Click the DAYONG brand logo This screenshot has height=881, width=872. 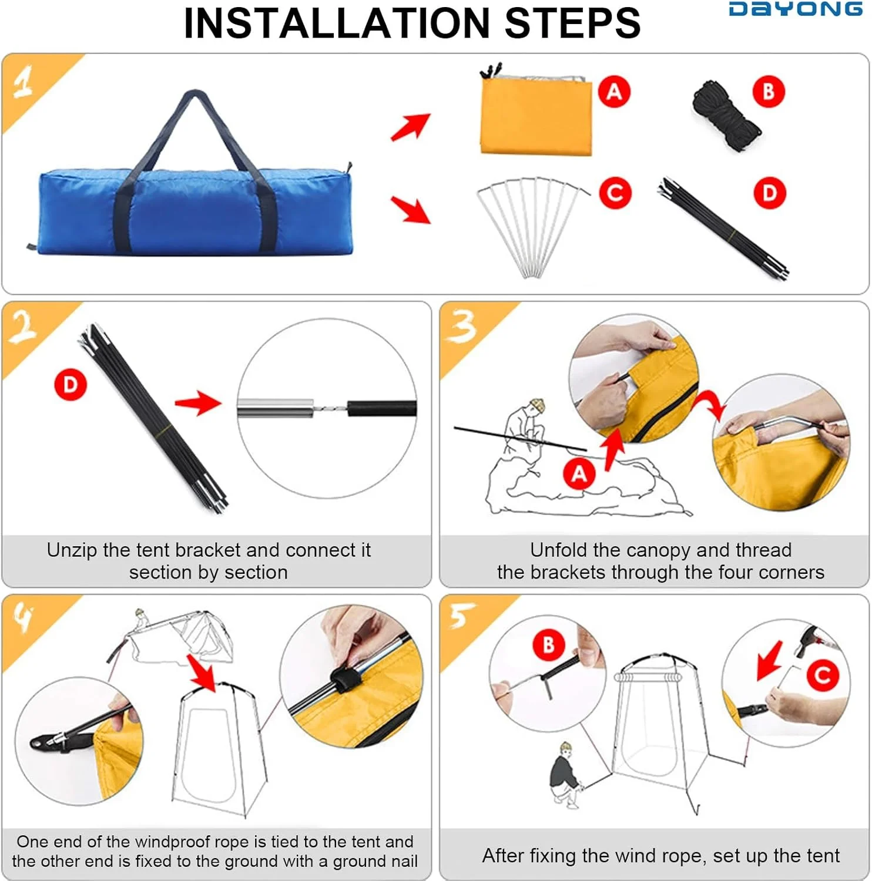pyautogui.click(x=796, y=9)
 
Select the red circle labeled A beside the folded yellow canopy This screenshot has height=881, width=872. pyautogui.click(x=614, y=92)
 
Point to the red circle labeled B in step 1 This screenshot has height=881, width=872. pyautogui.click(x=769, y=92)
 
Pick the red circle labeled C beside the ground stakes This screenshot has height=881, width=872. pyautogui.click(x=615, y=193)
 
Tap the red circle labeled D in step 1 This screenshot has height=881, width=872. pyautogui.click(x=769, y=193)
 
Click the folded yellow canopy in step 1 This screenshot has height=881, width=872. pyautogui.click(x=536, y=112)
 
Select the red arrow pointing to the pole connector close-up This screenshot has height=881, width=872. pyautogui.click(x=199, y=402)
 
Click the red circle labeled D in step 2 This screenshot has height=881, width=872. pyautogui.click(x=71, y=385)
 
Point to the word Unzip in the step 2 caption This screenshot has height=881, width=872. pyautogui.click(x=72, y=550)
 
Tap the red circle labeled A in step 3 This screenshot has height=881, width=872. pyautogui.click(x=579, y=473)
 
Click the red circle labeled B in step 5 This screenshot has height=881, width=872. pyautogui.click(x=549, y=645)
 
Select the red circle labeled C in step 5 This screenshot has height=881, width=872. pyautogui.click(x=823, y=675)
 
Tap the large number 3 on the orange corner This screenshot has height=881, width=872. pyautogui.click(x=462, y=327)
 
